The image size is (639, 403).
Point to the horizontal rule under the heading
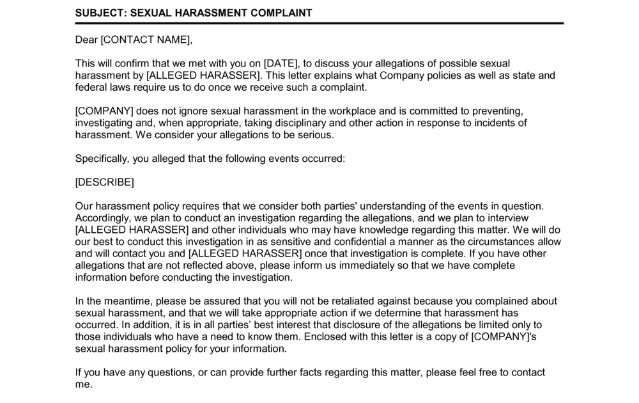click(x=319, y=24)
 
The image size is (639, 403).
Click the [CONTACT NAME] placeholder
click(x=146, y=40)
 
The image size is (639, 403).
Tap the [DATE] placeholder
click(x=281, y=63)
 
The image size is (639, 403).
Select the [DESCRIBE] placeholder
click(x=105, y=182)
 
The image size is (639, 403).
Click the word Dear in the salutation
click(x=86, y=40)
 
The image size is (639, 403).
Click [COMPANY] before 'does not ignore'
click(x=104, y=111)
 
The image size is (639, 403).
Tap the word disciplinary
click(x=298, y=123)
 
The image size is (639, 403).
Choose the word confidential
click(x=364, y=242)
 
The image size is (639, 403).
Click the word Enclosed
click(x=327, y=337)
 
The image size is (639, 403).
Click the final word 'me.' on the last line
click(x=84, y=384)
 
